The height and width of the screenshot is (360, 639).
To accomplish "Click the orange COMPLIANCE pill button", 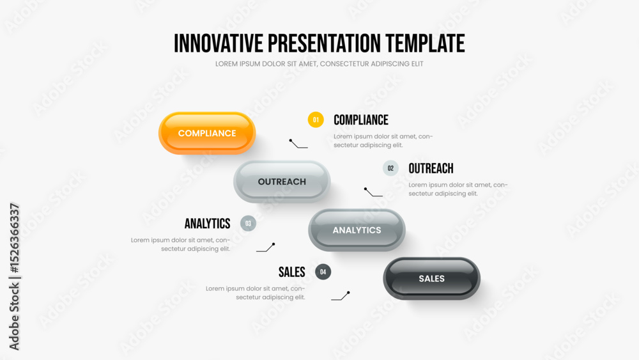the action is coord(207,133).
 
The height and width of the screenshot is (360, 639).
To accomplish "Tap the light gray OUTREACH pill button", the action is coord(282,182).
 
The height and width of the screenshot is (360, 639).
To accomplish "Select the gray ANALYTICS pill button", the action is coord(357,230).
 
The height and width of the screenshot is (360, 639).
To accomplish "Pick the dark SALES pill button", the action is coord(431,278).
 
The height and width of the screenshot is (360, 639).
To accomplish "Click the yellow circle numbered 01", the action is coord(316,120).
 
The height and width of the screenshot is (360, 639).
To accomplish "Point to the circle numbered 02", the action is coord(390,168).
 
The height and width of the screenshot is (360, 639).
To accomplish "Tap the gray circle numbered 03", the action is coord(248,223).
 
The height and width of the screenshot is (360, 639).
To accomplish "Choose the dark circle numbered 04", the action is coord(323,272).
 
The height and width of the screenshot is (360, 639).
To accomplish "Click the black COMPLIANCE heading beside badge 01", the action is coord(361,120).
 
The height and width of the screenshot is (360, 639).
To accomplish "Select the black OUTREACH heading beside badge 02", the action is coord(431,168).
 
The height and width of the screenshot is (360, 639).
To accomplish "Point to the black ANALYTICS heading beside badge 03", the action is coord(208,223).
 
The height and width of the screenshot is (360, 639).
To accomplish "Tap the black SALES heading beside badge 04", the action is coord(292,272).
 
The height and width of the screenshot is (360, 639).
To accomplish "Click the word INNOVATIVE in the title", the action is coord(219,43).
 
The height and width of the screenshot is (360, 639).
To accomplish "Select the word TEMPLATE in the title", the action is coord(425,43).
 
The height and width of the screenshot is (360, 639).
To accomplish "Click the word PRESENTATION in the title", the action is coord(325,43).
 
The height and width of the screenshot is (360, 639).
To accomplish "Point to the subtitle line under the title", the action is coord(319,64).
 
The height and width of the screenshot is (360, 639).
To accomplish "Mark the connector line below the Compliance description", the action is coord(298,145).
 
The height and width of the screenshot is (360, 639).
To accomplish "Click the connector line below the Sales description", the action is coord(341,297).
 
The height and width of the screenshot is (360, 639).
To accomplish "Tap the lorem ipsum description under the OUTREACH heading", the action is coord(458,189).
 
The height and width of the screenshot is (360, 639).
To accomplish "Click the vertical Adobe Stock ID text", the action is coord(14,276).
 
